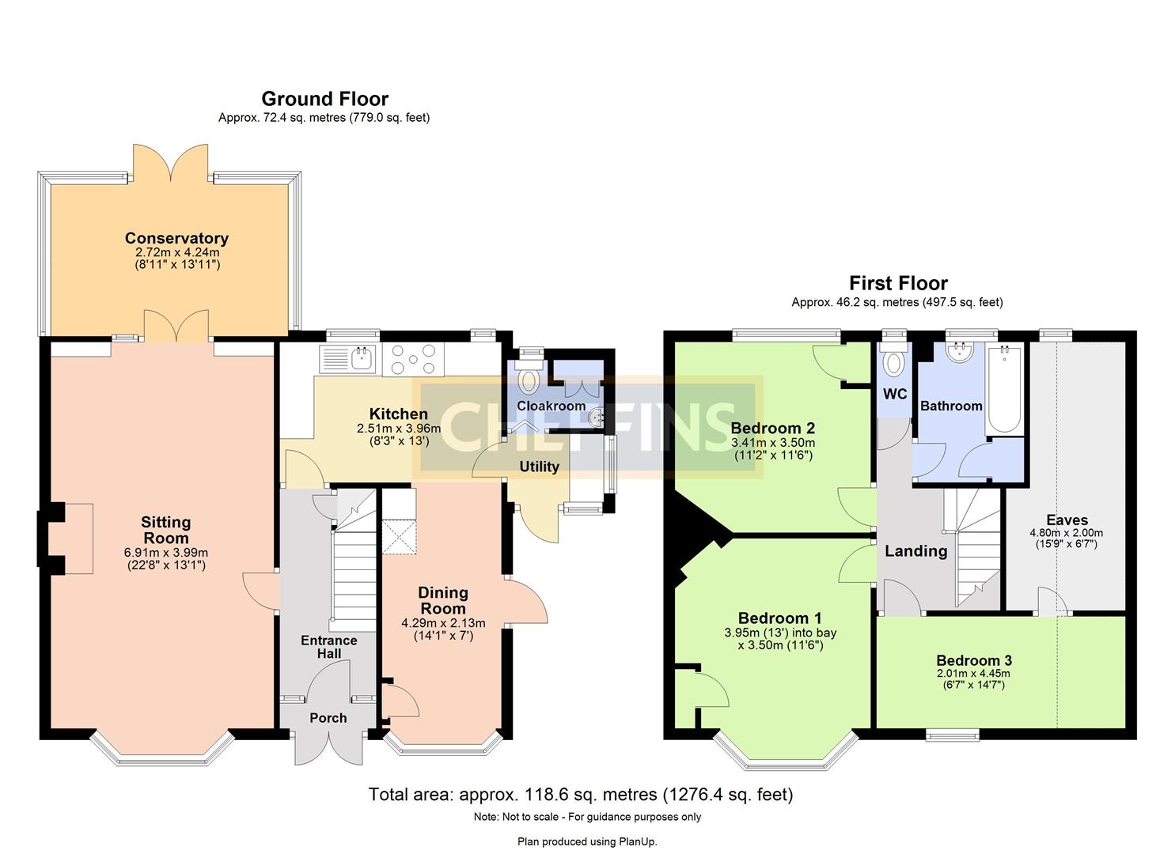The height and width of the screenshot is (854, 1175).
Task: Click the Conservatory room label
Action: [x=176, y=238]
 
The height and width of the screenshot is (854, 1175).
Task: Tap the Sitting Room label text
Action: [x=165, y=530]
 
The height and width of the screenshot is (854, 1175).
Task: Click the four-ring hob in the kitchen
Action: [x=413, y=359]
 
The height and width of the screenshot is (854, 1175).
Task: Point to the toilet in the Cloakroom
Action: [x=528, y=380]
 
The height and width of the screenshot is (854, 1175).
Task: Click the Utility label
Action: [x=539, y=467]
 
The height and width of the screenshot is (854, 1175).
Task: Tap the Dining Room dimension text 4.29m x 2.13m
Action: [x=443, y=623]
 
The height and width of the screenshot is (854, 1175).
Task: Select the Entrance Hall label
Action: [x=328, y=647]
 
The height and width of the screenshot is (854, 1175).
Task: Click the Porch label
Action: [x=328, y=718]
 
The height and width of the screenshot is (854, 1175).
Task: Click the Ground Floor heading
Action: [x=324, y=99]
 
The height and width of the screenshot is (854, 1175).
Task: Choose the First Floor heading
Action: [x=898, y=283]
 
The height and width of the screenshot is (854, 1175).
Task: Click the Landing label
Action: [x=915, y=551]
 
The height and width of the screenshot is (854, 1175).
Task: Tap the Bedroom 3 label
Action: [x=973, y=660]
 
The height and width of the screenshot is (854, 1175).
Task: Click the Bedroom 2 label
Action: [x=772, y=428]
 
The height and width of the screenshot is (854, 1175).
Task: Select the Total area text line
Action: [x=580, y=794]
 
